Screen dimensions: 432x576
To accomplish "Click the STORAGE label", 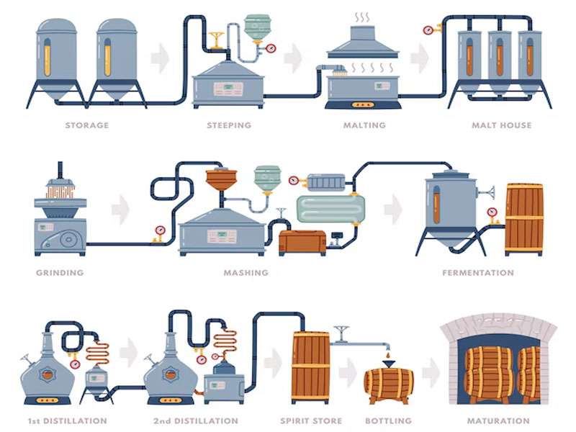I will tap(87, 125).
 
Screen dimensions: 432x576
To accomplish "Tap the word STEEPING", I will tap(229, 125).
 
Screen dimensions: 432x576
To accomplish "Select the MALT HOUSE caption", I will tap(501, 125).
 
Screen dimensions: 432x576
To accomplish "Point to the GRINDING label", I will tap(60, 273).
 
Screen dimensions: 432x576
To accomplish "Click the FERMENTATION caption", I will tap(478, 273).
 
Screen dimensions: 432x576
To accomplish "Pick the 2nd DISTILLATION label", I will tap(196, 420).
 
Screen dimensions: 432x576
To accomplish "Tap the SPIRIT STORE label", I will tap(310, 420).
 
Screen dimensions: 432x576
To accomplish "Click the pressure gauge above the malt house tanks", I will tap(428, 30).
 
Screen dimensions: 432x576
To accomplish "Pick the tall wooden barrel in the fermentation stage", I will tap(524, 219).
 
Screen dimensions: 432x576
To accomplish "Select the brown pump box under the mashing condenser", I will tap(302, 242).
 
